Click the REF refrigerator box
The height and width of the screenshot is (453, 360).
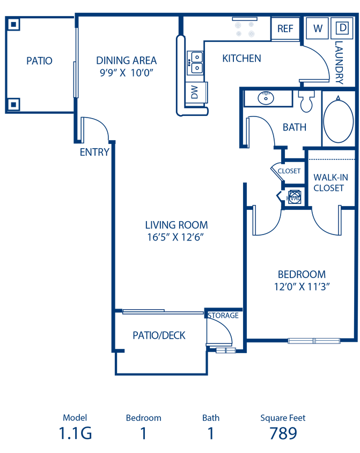(285, 28)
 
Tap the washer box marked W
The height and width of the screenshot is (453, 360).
(318, 28)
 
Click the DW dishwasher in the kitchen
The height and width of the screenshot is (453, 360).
(195, 93)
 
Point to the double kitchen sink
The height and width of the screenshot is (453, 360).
(196, 62)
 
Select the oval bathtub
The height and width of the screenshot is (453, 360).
(339, 119)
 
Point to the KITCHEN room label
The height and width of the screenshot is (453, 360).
(241, 59)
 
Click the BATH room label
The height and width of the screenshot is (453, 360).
(295, 128)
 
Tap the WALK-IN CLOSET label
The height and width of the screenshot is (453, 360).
(330, 182)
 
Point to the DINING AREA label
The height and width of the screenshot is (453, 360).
(127, 67)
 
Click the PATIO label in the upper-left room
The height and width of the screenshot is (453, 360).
(40, 61)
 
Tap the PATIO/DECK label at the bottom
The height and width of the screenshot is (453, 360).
(159, 335)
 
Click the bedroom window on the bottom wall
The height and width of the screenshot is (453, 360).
(313, 340)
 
